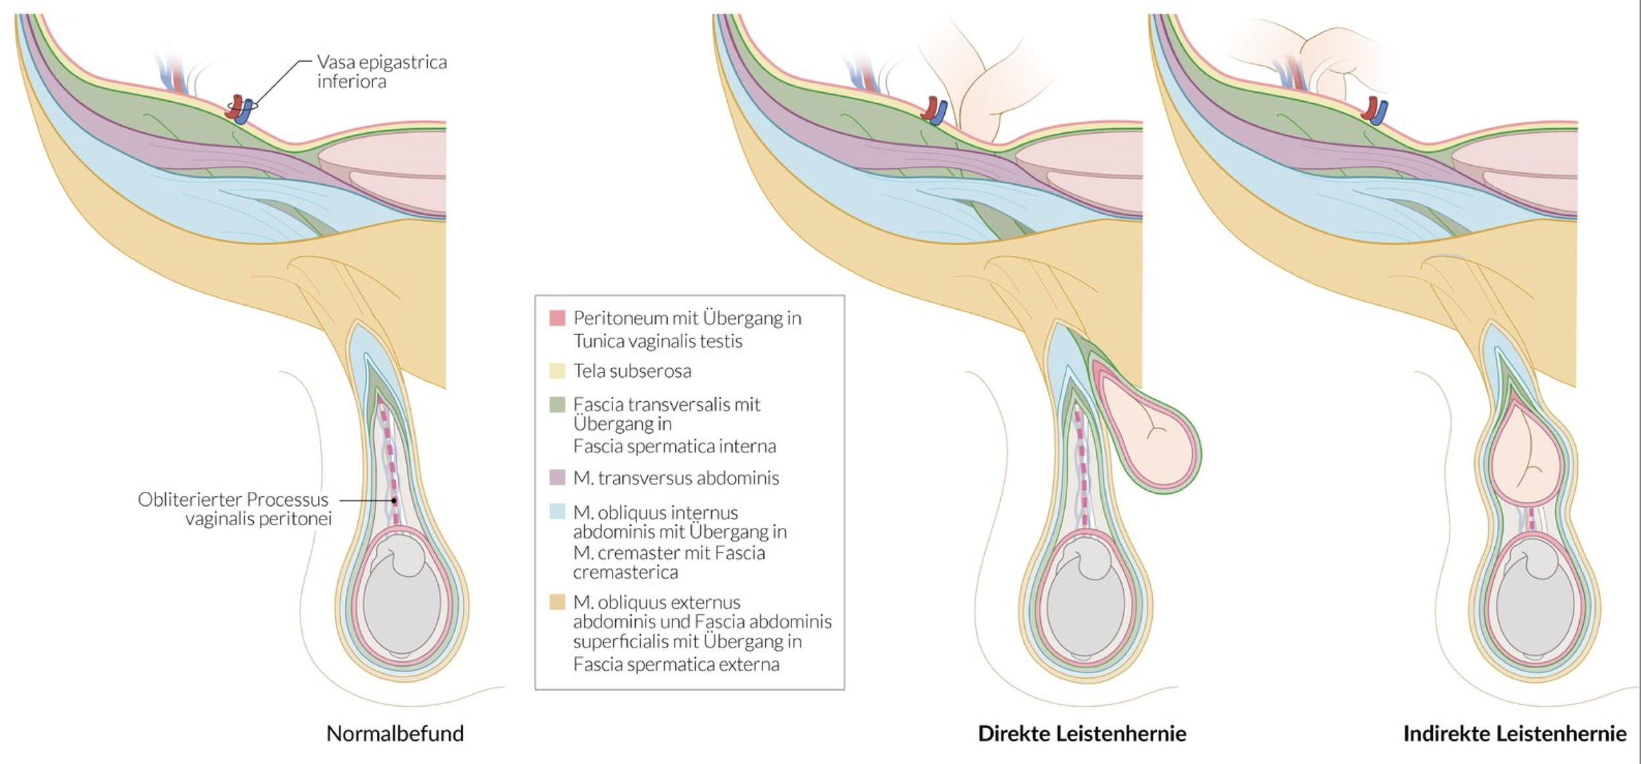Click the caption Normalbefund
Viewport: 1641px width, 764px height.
click(x=395, y=733)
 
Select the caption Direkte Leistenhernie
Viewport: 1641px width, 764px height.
click(x=1082, y=733)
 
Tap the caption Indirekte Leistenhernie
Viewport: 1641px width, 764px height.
click(x=1515, y=733)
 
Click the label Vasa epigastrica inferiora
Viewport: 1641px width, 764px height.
click(x=382, y=71)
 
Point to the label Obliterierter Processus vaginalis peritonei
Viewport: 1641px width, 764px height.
click(x=234, y=508)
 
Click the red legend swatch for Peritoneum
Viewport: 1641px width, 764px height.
click(x=557, y=318)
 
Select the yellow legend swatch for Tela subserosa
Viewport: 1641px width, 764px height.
click(x=557, y=371)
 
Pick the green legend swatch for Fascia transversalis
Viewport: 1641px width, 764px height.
click(x=557, y=404)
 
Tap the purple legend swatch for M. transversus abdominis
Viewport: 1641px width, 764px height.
click(x=557, y=477)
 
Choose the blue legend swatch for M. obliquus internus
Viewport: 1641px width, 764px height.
click(x=557, y=512)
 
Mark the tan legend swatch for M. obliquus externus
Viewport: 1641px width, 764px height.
click(x=557, y=602)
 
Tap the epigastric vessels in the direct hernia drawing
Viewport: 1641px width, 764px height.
click(x=934, y=110)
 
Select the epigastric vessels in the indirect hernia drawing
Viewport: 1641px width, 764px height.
click(x=1375, y=110)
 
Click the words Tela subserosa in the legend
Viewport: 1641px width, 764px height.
click(x=632, y=371)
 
